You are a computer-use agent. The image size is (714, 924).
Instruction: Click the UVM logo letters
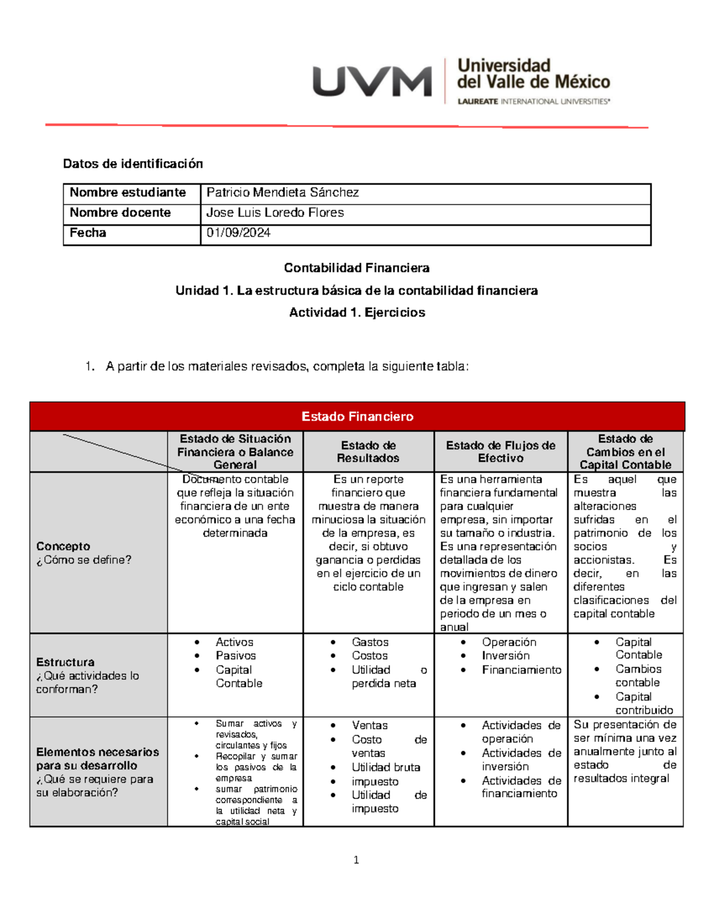tap(372, 82)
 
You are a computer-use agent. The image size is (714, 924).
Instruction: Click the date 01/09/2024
tap(238, 233)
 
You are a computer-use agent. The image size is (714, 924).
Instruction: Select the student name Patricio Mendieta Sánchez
tap(282, 192)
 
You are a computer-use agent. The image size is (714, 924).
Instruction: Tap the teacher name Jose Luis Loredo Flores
tap(274, 212)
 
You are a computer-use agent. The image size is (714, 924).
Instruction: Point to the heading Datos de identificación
tap(133, 164)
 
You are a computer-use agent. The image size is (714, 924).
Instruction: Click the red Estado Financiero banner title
tap(357, 416)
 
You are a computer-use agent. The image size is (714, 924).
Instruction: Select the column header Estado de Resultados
tap(368, 452)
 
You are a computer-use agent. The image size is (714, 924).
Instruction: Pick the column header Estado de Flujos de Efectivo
tap(500, 452)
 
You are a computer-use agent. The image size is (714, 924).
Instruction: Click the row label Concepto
tap(63, 546)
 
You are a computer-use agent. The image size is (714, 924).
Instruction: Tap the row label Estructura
tap(65, 662)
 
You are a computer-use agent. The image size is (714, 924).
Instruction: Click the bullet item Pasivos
tap(236, 656)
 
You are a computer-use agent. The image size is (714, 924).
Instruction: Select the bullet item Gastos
tap(369, 642)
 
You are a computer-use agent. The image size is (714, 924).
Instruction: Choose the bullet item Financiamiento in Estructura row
tap(521, 670)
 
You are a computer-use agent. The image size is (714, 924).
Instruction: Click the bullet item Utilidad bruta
tap(386, 768)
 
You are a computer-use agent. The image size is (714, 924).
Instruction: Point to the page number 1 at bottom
tap(356, 860)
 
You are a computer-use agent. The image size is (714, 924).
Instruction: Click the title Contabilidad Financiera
tap(356, 268)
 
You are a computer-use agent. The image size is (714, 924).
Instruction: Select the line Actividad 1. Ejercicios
tap(356, 312)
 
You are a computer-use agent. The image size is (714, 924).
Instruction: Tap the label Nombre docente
tap(120, 212)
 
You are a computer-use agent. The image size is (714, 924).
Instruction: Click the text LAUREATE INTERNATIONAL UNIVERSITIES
tap(533, 102)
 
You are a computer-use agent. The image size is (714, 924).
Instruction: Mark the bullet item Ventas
tap(369, 725)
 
